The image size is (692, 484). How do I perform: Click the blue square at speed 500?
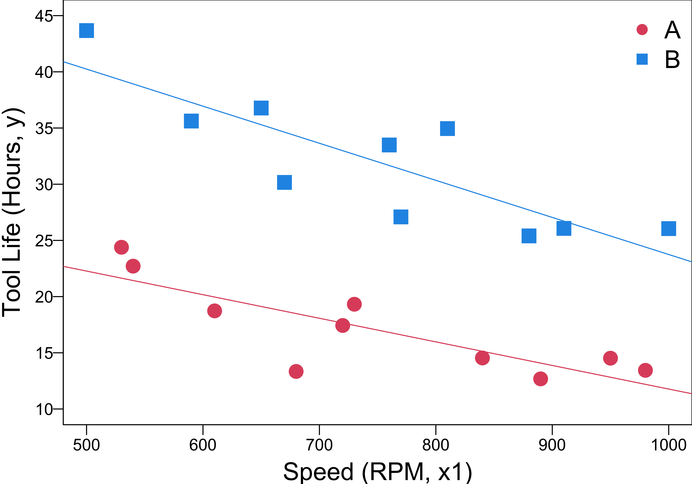pyautogui.click(x=86, y=30)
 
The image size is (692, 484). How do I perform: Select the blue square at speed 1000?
pyautogui.click(x=669, y=228)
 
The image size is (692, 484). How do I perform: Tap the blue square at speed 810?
pyautogui.click(x=447, y=129)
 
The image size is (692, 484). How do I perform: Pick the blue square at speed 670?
pyautogui.click(x=284, y=182)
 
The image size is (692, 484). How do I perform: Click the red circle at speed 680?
pyautogui.click(x=296, y=371)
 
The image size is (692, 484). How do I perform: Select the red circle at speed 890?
pyautogui.click(x=540, y=379)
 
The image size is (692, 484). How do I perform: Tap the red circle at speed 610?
pyautogui.click(x=214, y=310)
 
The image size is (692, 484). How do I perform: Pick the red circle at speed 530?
pyautogui.click(x=122, y=247)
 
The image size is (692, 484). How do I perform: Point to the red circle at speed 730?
pyautogui.click(x=354, y=304)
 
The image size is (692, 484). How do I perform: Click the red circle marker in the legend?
pyautogui.click(x=642, y=30)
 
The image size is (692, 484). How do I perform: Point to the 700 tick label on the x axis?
pyautogui.click(x=319, y=445)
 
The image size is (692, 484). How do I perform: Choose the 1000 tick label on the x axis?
pyautogui.click(x=669, y=445)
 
